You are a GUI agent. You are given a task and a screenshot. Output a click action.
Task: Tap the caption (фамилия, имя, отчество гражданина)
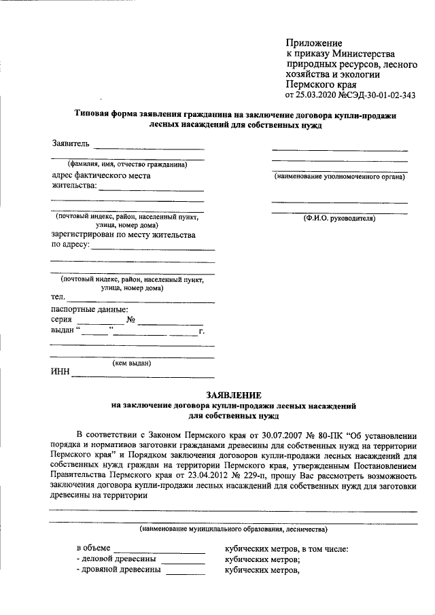(x=127, y=164)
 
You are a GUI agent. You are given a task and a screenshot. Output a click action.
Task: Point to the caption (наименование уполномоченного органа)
(x=339, y=177)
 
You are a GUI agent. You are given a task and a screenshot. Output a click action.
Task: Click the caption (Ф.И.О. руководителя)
(x=339, y=219)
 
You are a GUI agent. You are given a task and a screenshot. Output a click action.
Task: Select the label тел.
(x=58, y=297)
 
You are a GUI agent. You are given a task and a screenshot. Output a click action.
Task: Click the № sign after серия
(x=133, y=320)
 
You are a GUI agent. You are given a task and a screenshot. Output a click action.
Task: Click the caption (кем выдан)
(x=132, y=363)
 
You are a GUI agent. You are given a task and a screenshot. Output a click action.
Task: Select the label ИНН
(x=60, y=372)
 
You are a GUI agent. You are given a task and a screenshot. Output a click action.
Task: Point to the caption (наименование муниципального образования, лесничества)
(x=233, y=529)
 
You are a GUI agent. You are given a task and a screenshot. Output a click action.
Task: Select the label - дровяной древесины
(x=118, y=570)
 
